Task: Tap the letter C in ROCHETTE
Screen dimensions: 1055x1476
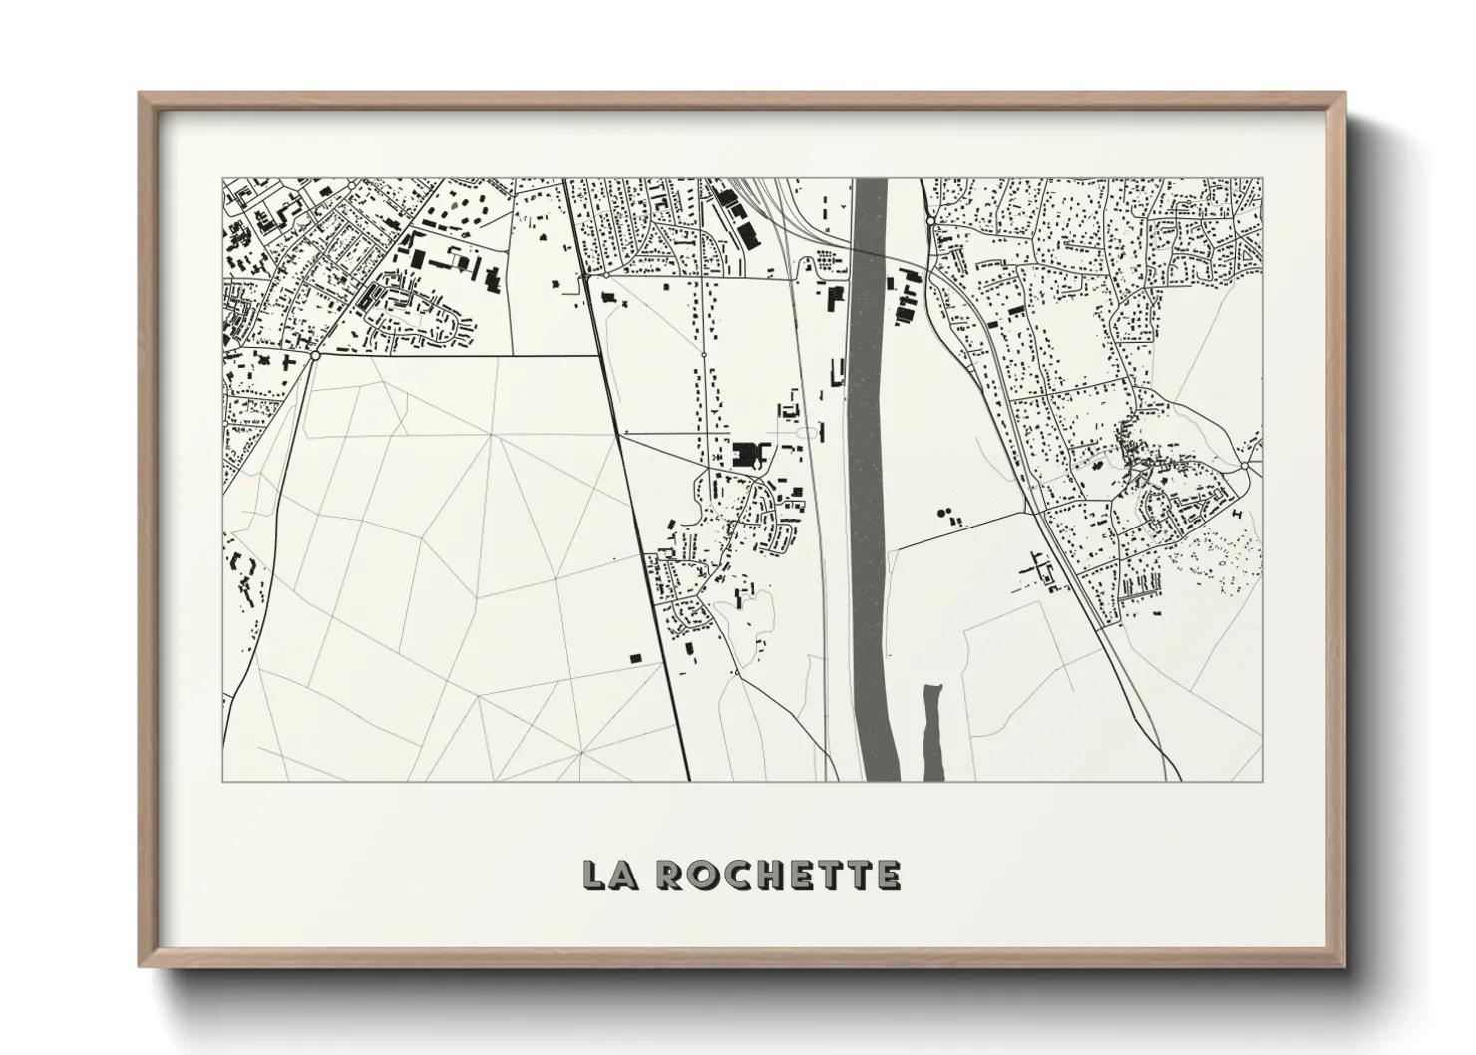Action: coord(727,875)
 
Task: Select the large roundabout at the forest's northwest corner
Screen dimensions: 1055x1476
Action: coord(315,354)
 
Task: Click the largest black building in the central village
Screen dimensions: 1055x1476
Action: coord(745,455)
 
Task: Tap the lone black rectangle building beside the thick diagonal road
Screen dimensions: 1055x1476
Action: coord(634,657)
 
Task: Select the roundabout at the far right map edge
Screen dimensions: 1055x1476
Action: coord(1246,466)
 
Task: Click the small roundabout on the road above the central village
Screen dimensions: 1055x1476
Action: coord(704,354)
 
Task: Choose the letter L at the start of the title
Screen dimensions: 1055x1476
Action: coord(595,875)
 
